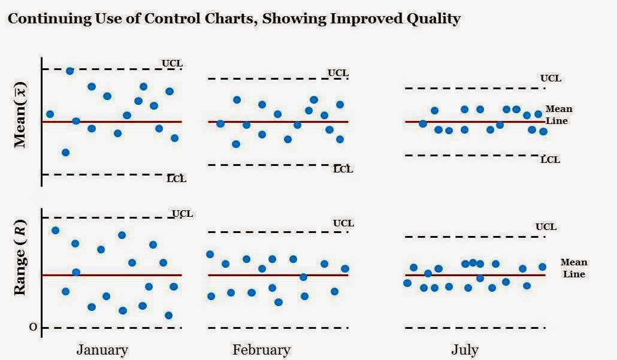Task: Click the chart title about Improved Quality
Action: [234, 19]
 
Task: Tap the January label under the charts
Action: [102, 350]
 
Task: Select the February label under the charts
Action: [261, 350]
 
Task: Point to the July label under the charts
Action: [465, 350]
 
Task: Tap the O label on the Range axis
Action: [33, 327]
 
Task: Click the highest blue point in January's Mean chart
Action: [69, 71]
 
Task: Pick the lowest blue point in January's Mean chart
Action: [65, 152]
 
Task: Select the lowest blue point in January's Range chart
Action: [168, 315]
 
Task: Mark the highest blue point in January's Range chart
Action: [55, 230]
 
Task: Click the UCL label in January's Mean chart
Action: [172, 63]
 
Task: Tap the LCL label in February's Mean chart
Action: [343, 169]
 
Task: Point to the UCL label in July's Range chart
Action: [546, 226]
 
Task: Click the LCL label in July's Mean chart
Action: [550, 159]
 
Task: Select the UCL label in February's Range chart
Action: [343, 223]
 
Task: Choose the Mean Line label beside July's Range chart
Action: [574, 268]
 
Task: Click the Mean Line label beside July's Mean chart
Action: [558, 114]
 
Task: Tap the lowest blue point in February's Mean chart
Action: [236, 144]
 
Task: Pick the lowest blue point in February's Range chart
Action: [278, 302]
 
